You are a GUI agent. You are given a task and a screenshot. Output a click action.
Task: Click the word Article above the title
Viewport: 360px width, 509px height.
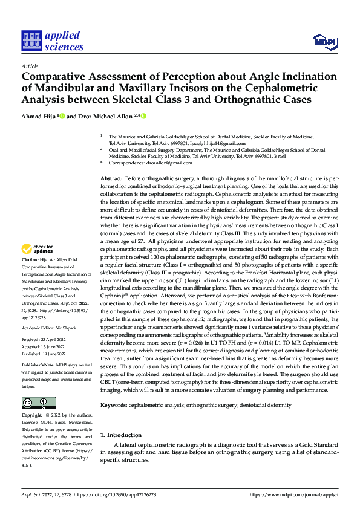[x=29, y=66]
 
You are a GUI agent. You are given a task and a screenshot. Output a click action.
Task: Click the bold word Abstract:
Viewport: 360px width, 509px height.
[x=111, y=179]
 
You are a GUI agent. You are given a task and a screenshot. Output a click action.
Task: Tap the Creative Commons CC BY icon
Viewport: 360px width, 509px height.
[x=38, y=403]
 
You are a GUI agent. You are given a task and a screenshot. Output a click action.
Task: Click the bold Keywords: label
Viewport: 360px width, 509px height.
[x=114, y=404]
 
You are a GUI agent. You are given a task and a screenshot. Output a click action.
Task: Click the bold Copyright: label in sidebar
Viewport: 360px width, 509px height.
[x=32, y=416]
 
